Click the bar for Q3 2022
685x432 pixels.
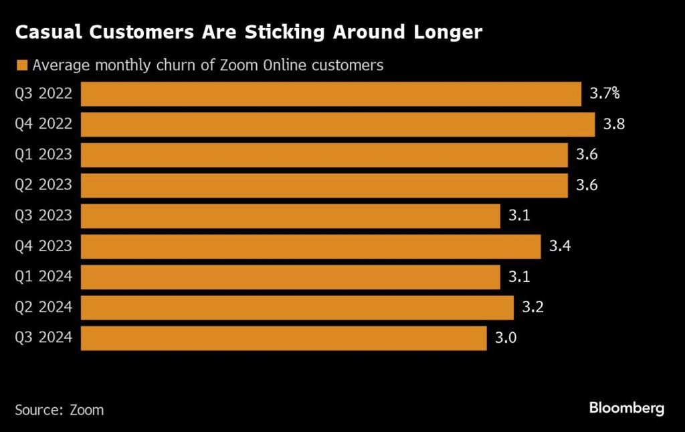coord(331,94)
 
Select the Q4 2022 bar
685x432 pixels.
coord(338,125)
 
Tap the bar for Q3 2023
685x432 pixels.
coord(290,216)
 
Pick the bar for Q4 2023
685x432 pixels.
coord(310,246)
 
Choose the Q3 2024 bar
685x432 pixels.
coord(284,338)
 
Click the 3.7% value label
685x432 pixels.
coord(605,94)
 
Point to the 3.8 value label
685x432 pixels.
coord(613,125)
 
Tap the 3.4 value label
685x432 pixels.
coord(559,246)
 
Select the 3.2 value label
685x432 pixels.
coord(532,307)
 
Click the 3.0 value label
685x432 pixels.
coord(506,338)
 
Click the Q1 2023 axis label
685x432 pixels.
coord(43,155)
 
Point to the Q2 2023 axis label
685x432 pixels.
coord(43,186)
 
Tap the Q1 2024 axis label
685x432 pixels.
coord(43,277)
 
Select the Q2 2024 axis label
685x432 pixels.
coord(43,308)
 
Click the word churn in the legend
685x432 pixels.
coord(174,66)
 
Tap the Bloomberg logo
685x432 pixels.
coord(626,408)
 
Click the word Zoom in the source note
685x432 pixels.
coord(87,409)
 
